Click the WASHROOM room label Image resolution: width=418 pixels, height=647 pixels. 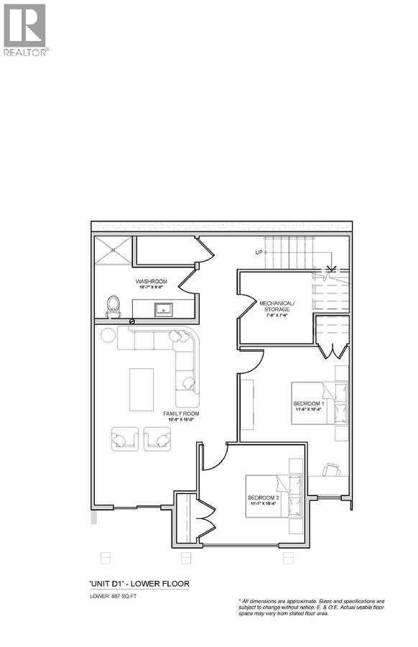[x=151, y=281]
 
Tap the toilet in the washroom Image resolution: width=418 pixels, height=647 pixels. [x=113, y=307]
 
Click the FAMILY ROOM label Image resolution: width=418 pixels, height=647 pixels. [x=181, y=414]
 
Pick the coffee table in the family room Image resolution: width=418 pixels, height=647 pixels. [x=141, y=389]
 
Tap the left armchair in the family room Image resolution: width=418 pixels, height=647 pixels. [x=125, y=439]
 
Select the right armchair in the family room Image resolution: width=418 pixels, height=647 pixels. [x=157, y=439]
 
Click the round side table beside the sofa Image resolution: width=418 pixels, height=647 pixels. [x=107, y=335]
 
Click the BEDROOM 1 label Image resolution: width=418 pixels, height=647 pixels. [x=309, y=404]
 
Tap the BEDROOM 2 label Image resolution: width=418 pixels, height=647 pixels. [x=263, y=498]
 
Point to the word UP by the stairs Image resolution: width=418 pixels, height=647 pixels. [x=259, y=252]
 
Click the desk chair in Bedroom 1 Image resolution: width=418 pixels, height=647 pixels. [x=331, y=470]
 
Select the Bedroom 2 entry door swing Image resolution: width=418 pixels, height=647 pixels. [x=214, y=460]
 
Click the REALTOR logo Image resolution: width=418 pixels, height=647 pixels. [x=25, y=29]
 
